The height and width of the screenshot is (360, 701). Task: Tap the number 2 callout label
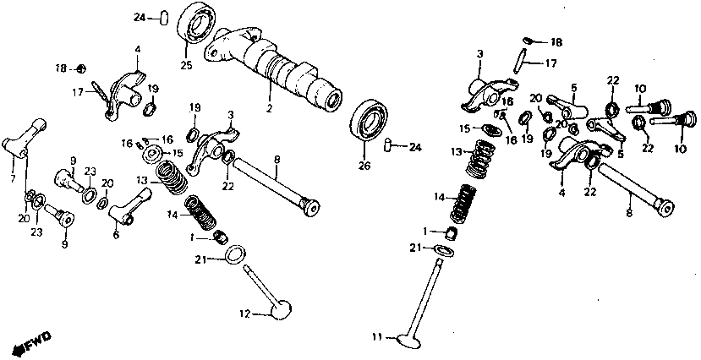coord(269,110)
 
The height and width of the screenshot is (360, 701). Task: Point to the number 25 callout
coord(185,65)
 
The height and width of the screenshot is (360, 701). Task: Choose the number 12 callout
coord(244,314)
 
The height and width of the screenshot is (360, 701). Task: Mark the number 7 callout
coord(13,178)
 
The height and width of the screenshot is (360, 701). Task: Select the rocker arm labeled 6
coord(131,205)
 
